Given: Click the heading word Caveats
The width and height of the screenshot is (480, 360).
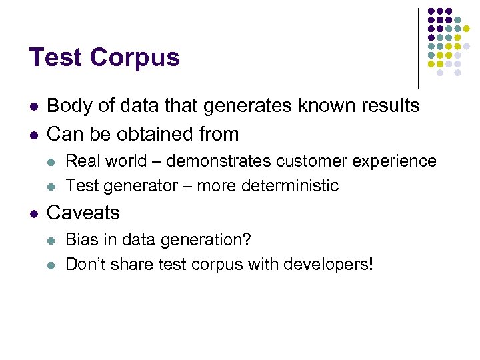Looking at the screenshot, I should [x=83, y=213].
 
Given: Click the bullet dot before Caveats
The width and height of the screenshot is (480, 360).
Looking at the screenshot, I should [x=33, y=213].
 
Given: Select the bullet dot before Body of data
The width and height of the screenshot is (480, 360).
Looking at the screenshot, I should [x=33, y=107].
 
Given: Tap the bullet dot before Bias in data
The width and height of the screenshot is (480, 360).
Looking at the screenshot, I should [x=53, y=240].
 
